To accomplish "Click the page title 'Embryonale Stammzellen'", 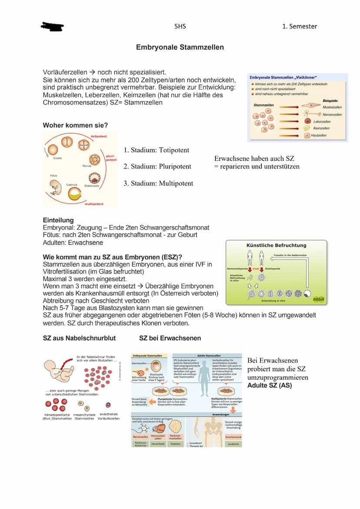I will [x=180, y=47].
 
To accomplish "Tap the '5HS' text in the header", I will [x=180, y=26].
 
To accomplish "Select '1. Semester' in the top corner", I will [x=300, y=26].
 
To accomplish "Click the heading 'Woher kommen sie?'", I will [x=75, y=126].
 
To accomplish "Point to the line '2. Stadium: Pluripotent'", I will [x=157, y=166].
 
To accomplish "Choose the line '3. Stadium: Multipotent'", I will [x=158, y=183].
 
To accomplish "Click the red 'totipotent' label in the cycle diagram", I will [x=99, y=136].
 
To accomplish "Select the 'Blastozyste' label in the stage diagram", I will [x=92, y=186].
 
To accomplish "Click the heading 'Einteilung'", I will [x=58, y=220].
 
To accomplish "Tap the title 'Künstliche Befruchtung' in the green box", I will [x=276, y=245].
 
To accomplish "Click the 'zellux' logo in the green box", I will [x=319, y=299].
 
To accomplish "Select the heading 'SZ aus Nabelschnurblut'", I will [x=79, y=338].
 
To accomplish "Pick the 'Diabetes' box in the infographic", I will [x=176, y=444].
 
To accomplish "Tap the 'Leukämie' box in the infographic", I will [x=233, y=444].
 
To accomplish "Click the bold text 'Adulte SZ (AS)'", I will [x=270, y=385].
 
